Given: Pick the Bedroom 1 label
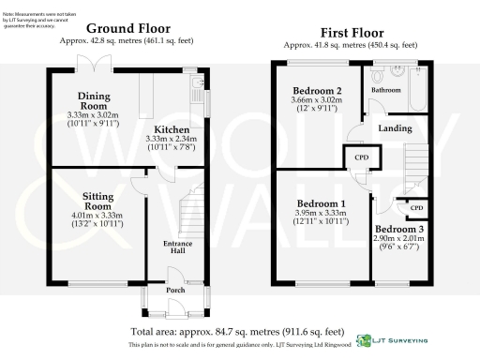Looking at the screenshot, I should click(321, 203).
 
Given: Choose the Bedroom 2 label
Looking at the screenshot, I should click(315, 91).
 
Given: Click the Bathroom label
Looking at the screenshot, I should click(385, 90).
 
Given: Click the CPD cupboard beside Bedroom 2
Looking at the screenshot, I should click(360, 157).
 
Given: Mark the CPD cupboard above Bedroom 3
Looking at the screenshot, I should click(416, 207).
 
